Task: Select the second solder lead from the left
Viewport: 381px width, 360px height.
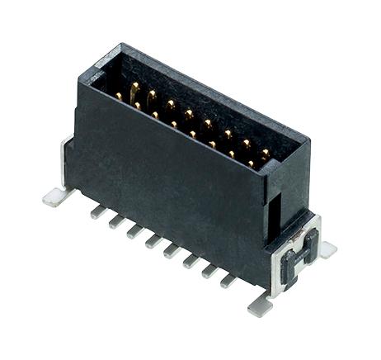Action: [x=116, y=221]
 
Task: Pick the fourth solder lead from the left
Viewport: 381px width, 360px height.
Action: [x=153, y=241]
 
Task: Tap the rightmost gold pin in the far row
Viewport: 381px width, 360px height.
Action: [x=265, y=154]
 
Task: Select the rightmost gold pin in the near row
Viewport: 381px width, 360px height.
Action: [x=251, y=163]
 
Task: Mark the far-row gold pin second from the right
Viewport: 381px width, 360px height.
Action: [x=246, y=144]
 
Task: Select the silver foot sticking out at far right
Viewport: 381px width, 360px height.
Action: [x=327, y=249]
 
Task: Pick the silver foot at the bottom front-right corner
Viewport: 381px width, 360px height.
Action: [x=260, y=305]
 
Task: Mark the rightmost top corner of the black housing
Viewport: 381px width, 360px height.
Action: [x=309, y=145]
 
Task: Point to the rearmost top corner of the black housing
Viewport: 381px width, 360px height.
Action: [x=124, y=45]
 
